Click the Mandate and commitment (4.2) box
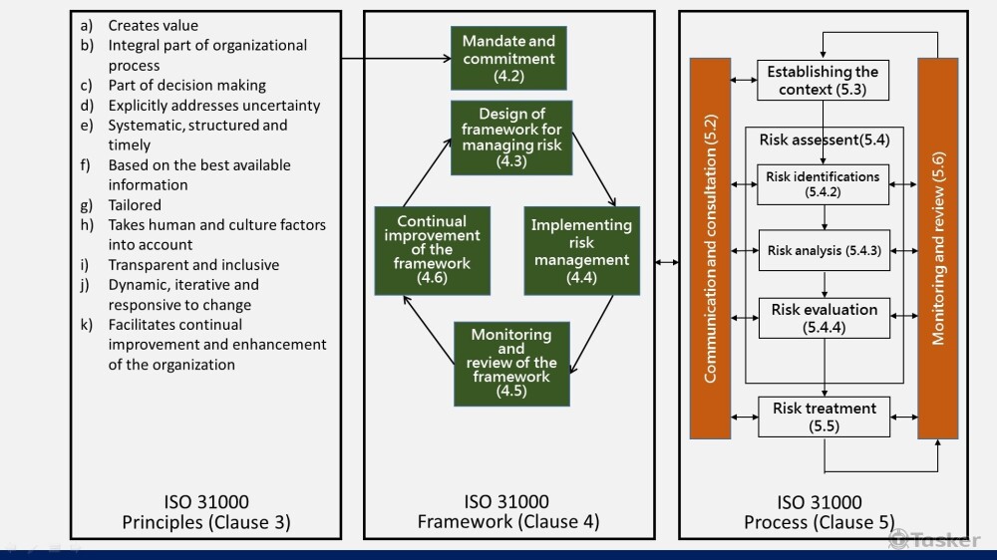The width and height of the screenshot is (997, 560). pos(508,57)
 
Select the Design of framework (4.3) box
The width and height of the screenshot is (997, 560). pos(510,138)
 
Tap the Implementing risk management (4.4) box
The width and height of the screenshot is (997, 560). pos(581,251)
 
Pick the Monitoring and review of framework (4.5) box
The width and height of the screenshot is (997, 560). pos(510,363)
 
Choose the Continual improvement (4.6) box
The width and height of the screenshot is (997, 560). pos(432,250)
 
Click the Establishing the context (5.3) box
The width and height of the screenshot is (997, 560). pos(823,81)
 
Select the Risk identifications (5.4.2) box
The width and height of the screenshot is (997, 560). pos(823,184)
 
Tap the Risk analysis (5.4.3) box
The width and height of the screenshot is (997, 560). pos(824,251)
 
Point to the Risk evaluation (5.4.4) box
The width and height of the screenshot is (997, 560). pos(824,318)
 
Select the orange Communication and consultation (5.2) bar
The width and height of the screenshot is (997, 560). pos(711,249)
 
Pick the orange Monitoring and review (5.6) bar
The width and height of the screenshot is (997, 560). pos(937,249)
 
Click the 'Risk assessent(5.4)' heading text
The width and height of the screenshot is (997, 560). pos(825,140)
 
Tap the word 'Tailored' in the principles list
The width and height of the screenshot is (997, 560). pos(135,205)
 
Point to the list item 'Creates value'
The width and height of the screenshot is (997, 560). pos(154,26)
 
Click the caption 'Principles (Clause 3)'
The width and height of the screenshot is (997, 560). pos(206,522)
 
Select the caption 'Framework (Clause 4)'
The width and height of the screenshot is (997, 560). pos(508,522)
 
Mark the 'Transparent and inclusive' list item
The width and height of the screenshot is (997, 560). pos(193,265)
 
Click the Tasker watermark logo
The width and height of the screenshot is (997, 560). pos(934,539)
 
